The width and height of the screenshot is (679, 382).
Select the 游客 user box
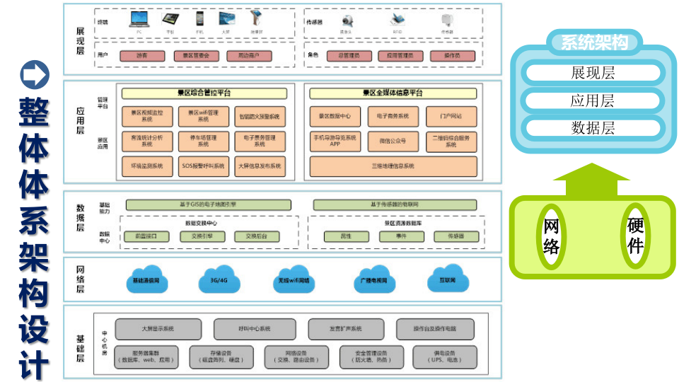(x=142, y=56)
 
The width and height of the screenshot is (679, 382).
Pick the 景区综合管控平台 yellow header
(x=204, y=93)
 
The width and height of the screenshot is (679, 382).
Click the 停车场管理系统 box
(x=203, y=141)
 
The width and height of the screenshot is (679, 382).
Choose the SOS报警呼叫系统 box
(x=203, y=166)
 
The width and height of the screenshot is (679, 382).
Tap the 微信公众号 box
(x=393, y=141)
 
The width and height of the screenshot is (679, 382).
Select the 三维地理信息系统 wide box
(x=393, y=166)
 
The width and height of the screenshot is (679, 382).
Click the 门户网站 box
(x=451, y=116)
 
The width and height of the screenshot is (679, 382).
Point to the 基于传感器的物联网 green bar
(x=395, y=205)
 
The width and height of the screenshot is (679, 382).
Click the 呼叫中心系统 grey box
(x=254, y=329)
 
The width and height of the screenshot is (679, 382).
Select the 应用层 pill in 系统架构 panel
(x=593, y=100)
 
